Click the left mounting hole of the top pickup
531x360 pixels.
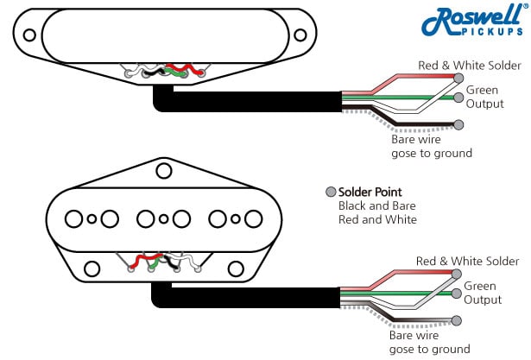pos(30,35)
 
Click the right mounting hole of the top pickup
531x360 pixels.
pos(300,35)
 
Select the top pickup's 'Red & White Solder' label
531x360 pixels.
pos(469,66)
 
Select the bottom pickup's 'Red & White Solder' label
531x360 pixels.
pos(467,261)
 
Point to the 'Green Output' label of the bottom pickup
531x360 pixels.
pos(483,293)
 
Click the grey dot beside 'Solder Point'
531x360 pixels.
pos(330,192)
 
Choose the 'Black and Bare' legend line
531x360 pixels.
pos(377,205)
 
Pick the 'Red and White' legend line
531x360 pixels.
pos(377,219)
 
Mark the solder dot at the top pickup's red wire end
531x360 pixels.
pos(458,77)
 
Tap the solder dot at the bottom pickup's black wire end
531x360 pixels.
pos(455,320)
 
